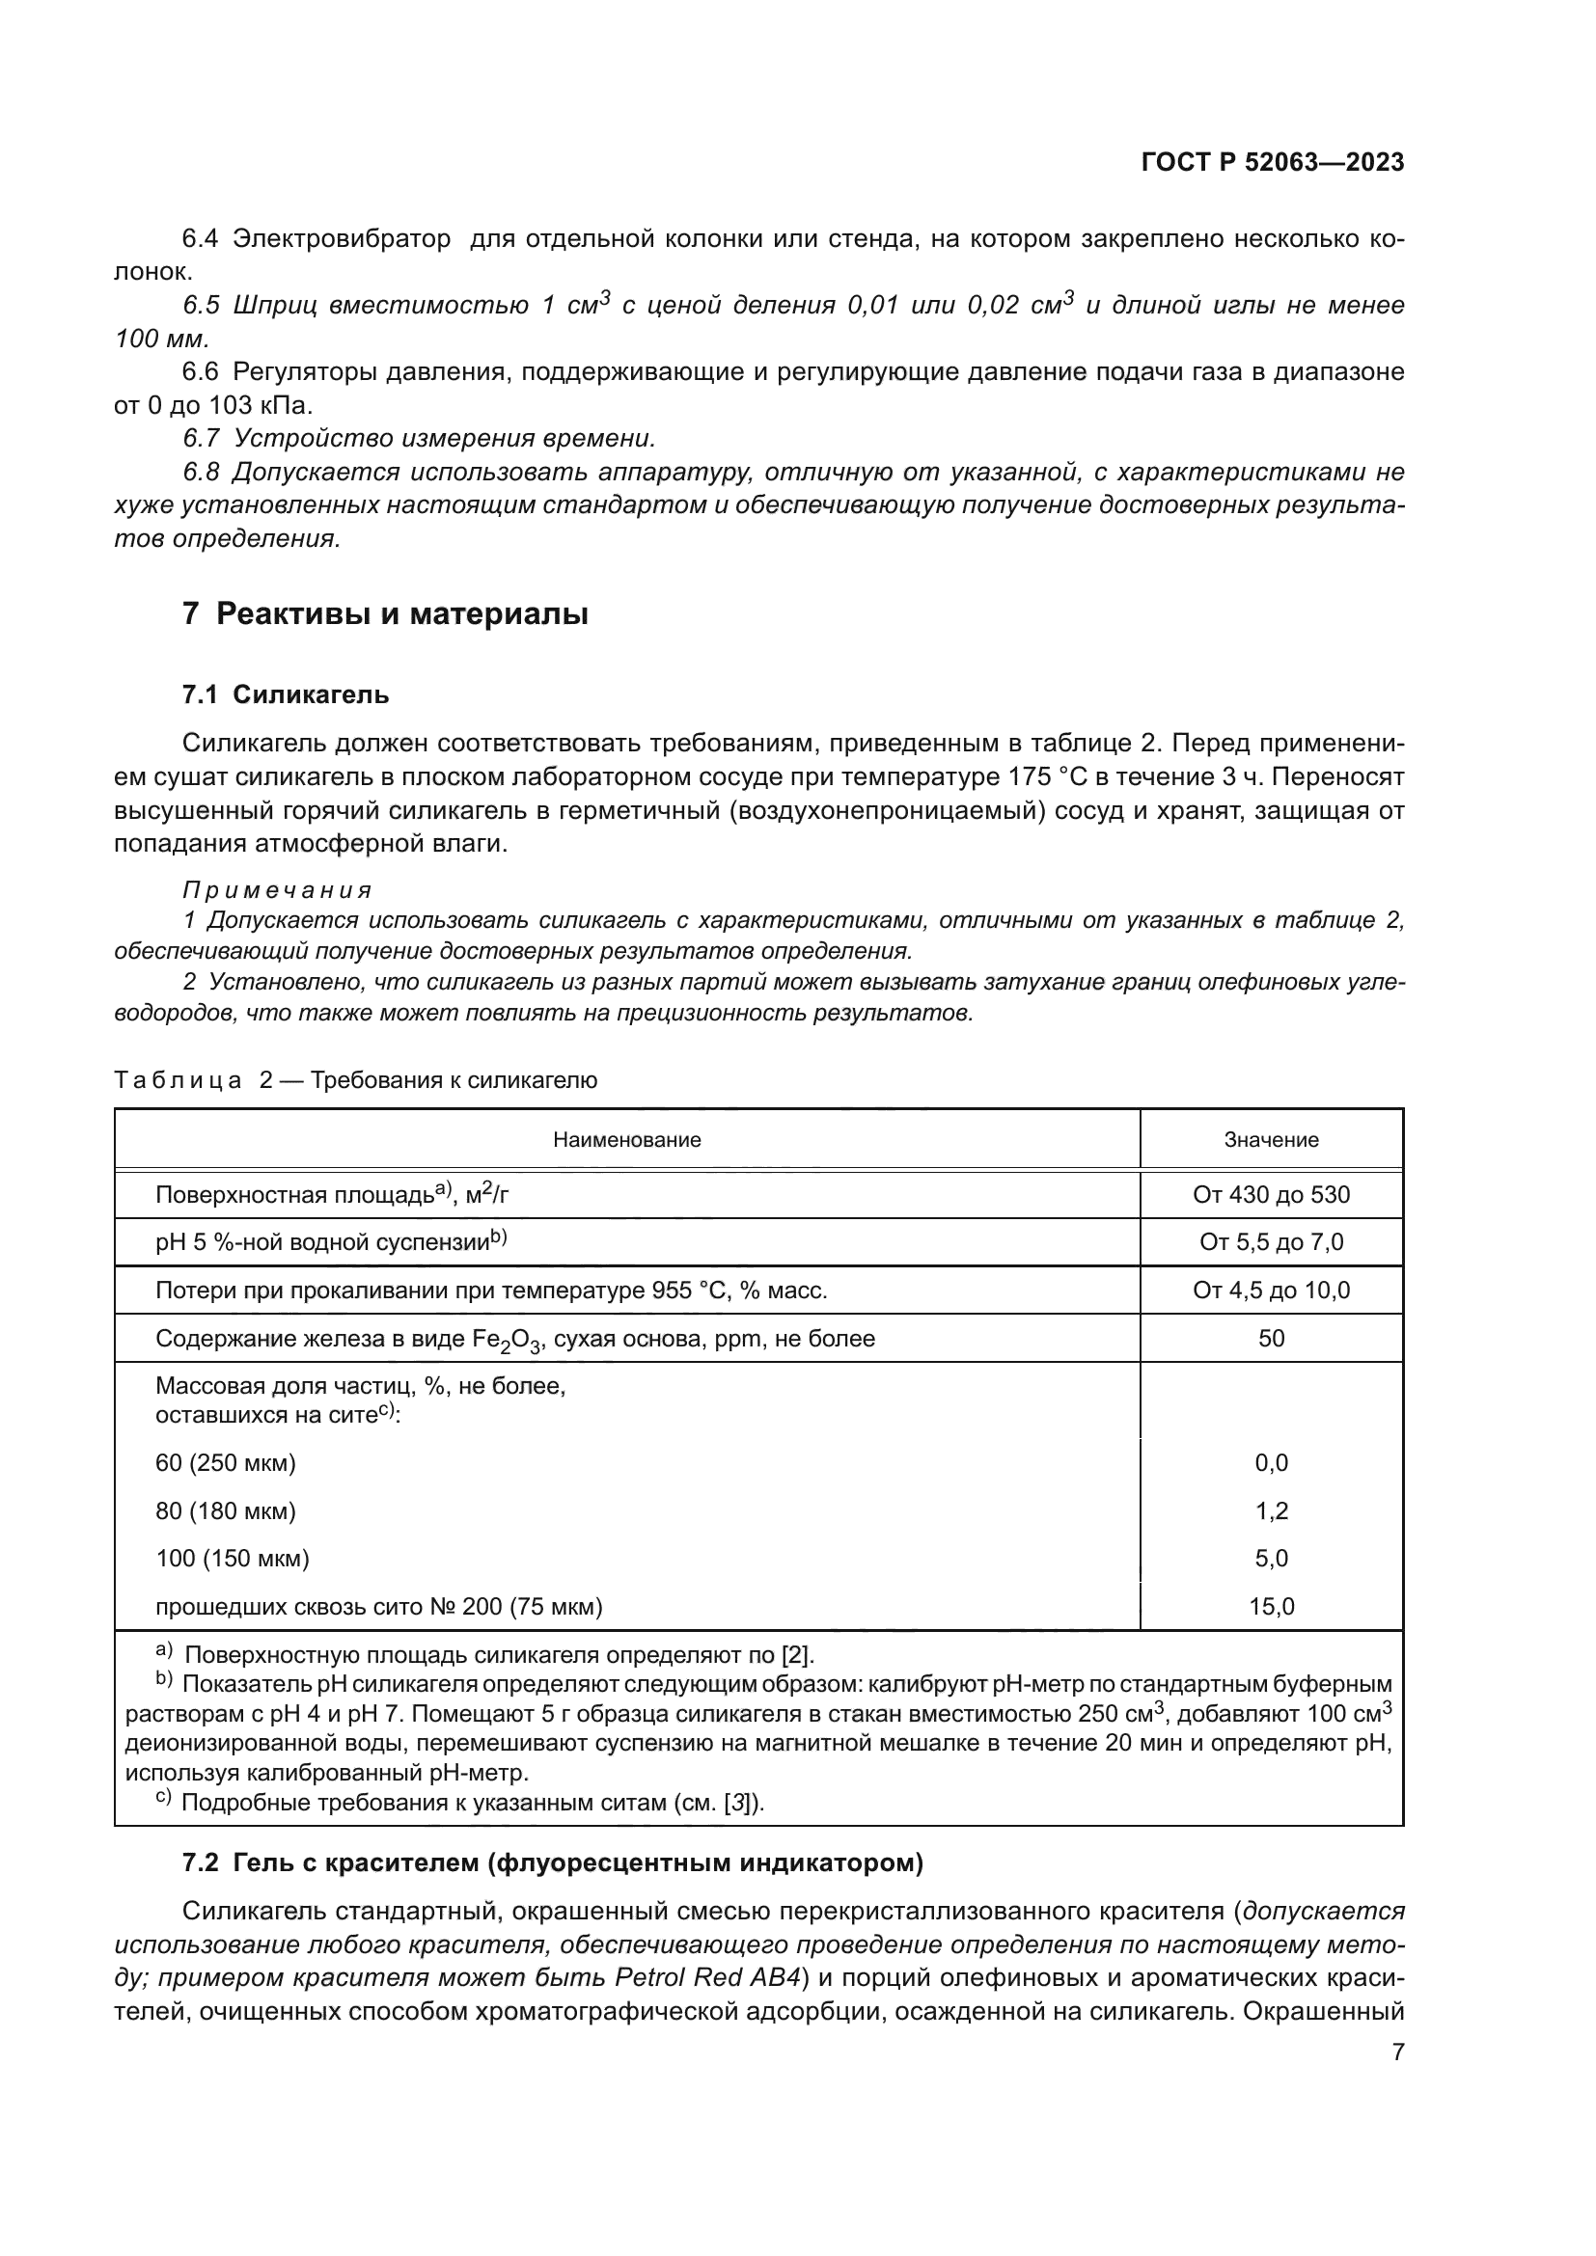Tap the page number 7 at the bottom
click(x=1397, y=2052)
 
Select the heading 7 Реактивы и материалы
click(x=385, y=614)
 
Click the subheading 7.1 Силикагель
click(x=285, y=694)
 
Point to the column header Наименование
click(x=627, y=1140)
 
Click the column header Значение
click(x=1271, y=1140)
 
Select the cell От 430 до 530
click(x=1271, y=1195)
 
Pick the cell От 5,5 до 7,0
click(x=1271, y=1242)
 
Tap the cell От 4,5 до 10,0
click(x=1271, y=1291)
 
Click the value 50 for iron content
click(x=1271, y=1339)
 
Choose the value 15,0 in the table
click(x=1271, y=1608)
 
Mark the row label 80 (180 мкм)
click(x=225, y=1511)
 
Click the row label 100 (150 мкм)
click(x=232, y=1559)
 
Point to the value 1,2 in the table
click(x=1271, y=1511)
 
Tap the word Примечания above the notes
click(x=277, y=890)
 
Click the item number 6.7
click(x=202, y=438)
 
